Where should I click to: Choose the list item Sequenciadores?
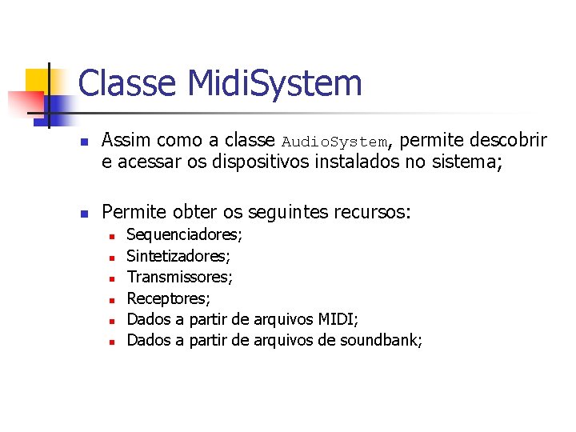(185, 235)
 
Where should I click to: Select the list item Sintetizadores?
(178, 256)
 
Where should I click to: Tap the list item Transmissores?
(180, 277)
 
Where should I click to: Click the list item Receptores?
(169, 298)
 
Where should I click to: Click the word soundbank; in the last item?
(381, 340)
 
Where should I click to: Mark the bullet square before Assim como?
(84, 142)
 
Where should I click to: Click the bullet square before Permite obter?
(84, 214)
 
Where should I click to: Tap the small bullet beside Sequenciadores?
(113, 237)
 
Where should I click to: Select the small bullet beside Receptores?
(113, 299)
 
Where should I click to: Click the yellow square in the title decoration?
(38, 81)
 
